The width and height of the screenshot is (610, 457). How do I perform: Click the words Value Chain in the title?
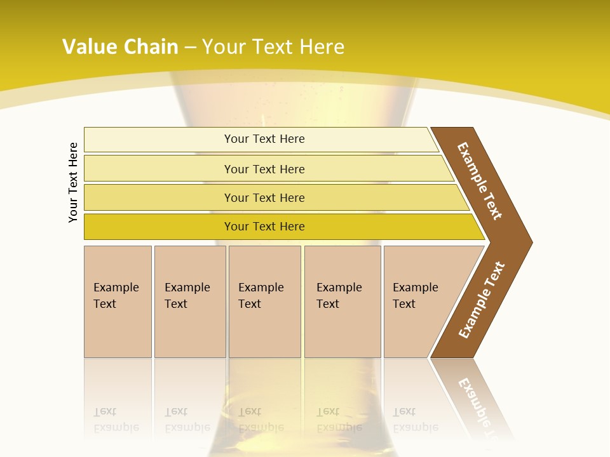[x=120, y=46]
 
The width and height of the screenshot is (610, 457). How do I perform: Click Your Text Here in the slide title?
[x=273, y=46]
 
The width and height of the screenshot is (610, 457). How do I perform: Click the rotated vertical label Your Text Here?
[x=73, y=182]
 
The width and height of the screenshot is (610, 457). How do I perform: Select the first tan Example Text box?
[x=118, y=301]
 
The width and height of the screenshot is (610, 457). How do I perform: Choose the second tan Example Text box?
[x=190, y=301]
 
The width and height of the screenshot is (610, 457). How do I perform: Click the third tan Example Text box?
[x=264, y=301]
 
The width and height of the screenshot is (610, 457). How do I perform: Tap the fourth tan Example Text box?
[x=342, y=301]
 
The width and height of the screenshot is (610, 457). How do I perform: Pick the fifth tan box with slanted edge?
[x=419, y=301]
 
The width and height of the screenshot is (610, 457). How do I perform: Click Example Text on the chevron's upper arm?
[x=480, y=181]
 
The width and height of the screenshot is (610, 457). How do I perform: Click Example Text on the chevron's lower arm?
[x=482, y=300]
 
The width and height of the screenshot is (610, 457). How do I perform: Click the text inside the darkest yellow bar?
[x=264, y=227]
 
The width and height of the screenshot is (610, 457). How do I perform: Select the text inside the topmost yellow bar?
[x=264, y=139]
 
